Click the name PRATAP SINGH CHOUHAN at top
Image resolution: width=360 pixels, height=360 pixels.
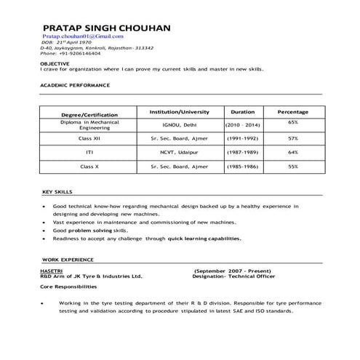[x=106, y=28]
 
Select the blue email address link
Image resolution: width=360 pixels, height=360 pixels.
[x=83, y=36]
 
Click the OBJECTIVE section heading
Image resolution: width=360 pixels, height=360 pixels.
[x=55, y=63]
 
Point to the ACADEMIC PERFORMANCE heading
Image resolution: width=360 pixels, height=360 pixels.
[x=76, y=85]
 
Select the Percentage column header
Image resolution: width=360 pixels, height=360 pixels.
[x=293, y=112]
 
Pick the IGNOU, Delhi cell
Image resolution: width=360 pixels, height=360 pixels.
[x=179, y=125]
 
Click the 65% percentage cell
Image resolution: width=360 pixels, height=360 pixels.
[x=293, y=122]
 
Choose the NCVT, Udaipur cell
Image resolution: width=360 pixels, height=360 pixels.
[x=179, y=152]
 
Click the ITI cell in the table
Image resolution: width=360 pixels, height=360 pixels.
[x=89, y=152]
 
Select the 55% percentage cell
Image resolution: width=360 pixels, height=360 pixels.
[x=293, y=167]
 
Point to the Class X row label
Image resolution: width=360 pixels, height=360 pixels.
[x=89, y=167]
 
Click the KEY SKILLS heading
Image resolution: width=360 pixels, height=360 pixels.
[x=57, y=192]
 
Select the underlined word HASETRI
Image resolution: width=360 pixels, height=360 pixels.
[x=52, y=270]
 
